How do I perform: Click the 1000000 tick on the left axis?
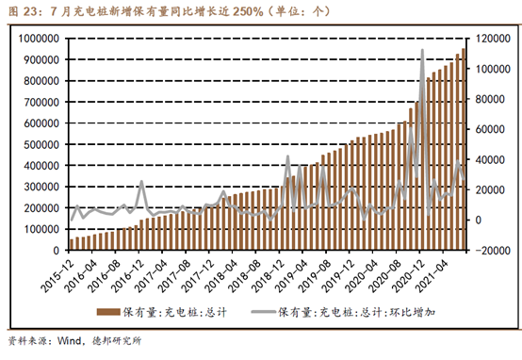[39, 39]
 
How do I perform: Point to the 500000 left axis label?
[41, 144]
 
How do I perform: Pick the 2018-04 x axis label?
[221, 276]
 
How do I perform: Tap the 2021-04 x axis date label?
[432, 276]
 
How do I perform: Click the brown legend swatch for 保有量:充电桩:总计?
[108, 312]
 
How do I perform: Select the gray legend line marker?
[264, 312]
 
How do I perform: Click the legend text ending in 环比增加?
[356, 312]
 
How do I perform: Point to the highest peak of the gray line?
[422, 50]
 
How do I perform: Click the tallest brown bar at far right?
[464, 149]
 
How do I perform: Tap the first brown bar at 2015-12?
[72, 244]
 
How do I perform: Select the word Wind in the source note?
[69, 341]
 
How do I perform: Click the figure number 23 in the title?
[29, 11]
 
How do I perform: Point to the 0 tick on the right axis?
[479, 221]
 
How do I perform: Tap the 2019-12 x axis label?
[338, 276]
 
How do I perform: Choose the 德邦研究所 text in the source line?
[117, 341]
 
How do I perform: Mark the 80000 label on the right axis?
[490, 99]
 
